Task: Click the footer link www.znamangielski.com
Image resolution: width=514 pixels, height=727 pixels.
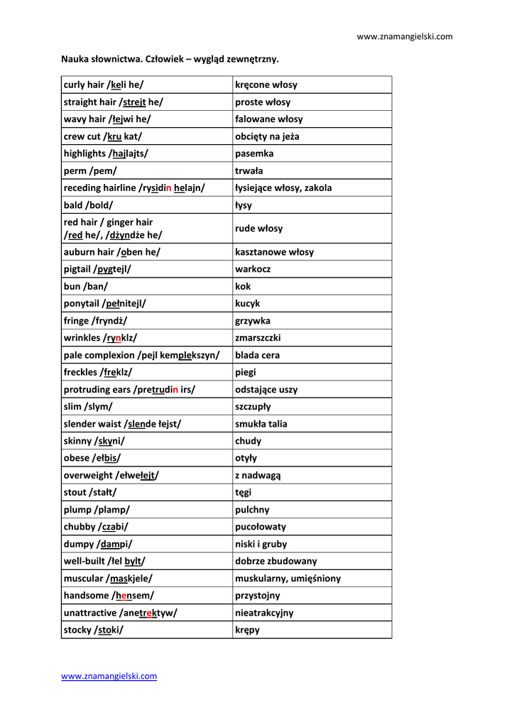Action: [x=109, y=676]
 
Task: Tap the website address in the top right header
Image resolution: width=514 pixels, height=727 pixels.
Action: [x=404, y=36]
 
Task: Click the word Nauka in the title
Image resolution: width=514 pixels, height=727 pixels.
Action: [x=74, y=59]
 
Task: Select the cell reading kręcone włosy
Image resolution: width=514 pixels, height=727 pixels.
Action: [x=266, y=85]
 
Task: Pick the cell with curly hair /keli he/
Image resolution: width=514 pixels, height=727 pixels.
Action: [x=104, y=85]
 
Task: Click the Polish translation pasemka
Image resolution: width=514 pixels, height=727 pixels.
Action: [x=254, y=153]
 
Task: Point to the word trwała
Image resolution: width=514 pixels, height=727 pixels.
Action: [x=249, y=171]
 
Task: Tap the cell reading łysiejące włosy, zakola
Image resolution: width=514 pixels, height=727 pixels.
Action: [x=283, y=188]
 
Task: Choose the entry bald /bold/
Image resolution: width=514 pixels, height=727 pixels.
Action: [x=88, y=205]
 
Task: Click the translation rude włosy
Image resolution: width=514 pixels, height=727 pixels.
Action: [x=258, y=229]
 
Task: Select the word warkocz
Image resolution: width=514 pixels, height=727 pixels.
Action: [x=253, y=269]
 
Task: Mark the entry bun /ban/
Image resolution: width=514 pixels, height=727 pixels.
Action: [x=86, y=286]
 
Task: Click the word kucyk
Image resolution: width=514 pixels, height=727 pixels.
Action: [x=248, y=304]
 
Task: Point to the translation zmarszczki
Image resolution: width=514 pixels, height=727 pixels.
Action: [x=258, y=338]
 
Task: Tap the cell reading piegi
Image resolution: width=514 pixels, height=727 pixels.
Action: [x=246, y=372]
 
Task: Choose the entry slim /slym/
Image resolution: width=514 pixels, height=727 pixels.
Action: [x=88, y=407]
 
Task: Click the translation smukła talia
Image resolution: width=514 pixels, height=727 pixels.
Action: [x=261, y=424]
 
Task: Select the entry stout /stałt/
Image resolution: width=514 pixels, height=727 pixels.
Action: [x=90, y=492]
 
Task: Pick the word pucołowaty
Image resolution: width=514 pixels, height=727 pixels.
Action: [x=261, y=527]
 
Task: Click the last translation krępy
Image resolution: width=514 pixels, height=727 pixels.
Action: [x=247, y=630]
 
